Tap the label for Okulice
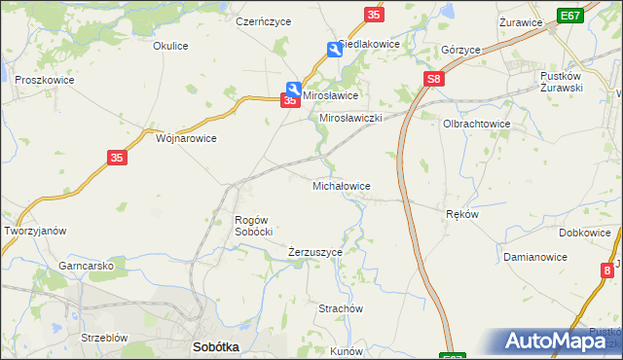tap(170, 45)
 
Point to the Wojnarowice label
tap(186, 138)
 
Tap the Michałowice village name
tap(340, 185)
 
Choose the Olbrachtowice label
tap(477, 125)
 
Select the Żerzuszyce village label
tap(315, 252)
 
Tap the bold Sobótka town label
tap(216, 346)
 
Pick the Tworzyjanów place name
tap(35, 231)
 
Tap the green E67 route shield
tap(570, 16)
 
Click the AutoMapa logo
tap(558, 342)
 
